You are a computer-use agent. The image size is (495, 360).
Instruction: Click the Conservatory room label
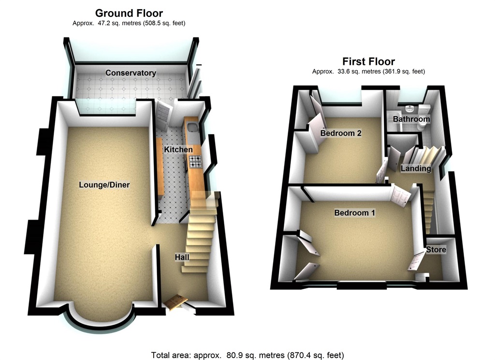131,73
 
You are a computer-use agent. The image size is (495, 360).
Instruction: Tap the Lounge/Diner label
104,184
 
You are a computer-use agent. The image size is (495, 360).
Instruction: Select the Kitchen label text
178,150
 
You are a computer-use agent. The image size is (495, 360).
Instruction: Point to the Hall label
182,257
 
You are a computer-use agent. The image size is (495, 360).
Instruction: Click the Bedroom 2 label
341,133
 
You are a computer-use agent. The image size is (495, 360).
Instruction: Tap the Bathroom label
411,119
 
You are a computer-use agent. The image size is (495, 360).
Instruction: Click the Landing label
416,168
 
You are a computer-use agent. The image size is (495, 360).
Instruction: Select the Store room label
436,250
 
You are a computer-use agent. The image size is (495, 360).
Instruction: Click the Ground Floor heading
129,13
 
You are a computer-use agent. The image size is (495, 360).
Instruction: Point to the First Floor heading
368,61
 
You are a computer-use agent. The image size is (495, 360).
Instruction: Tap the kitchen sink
192,127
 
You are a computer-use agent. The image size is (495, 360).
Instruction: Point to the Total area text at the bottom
247,355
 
